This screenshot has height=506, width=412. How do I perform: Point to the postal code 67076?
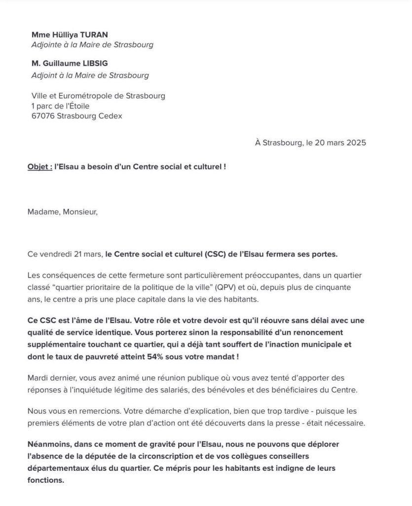(43, 116)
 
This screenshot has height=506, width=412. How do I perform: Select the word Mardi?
(39, 379)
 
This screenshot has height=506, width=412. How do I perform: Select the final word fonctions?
(46, 479)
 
